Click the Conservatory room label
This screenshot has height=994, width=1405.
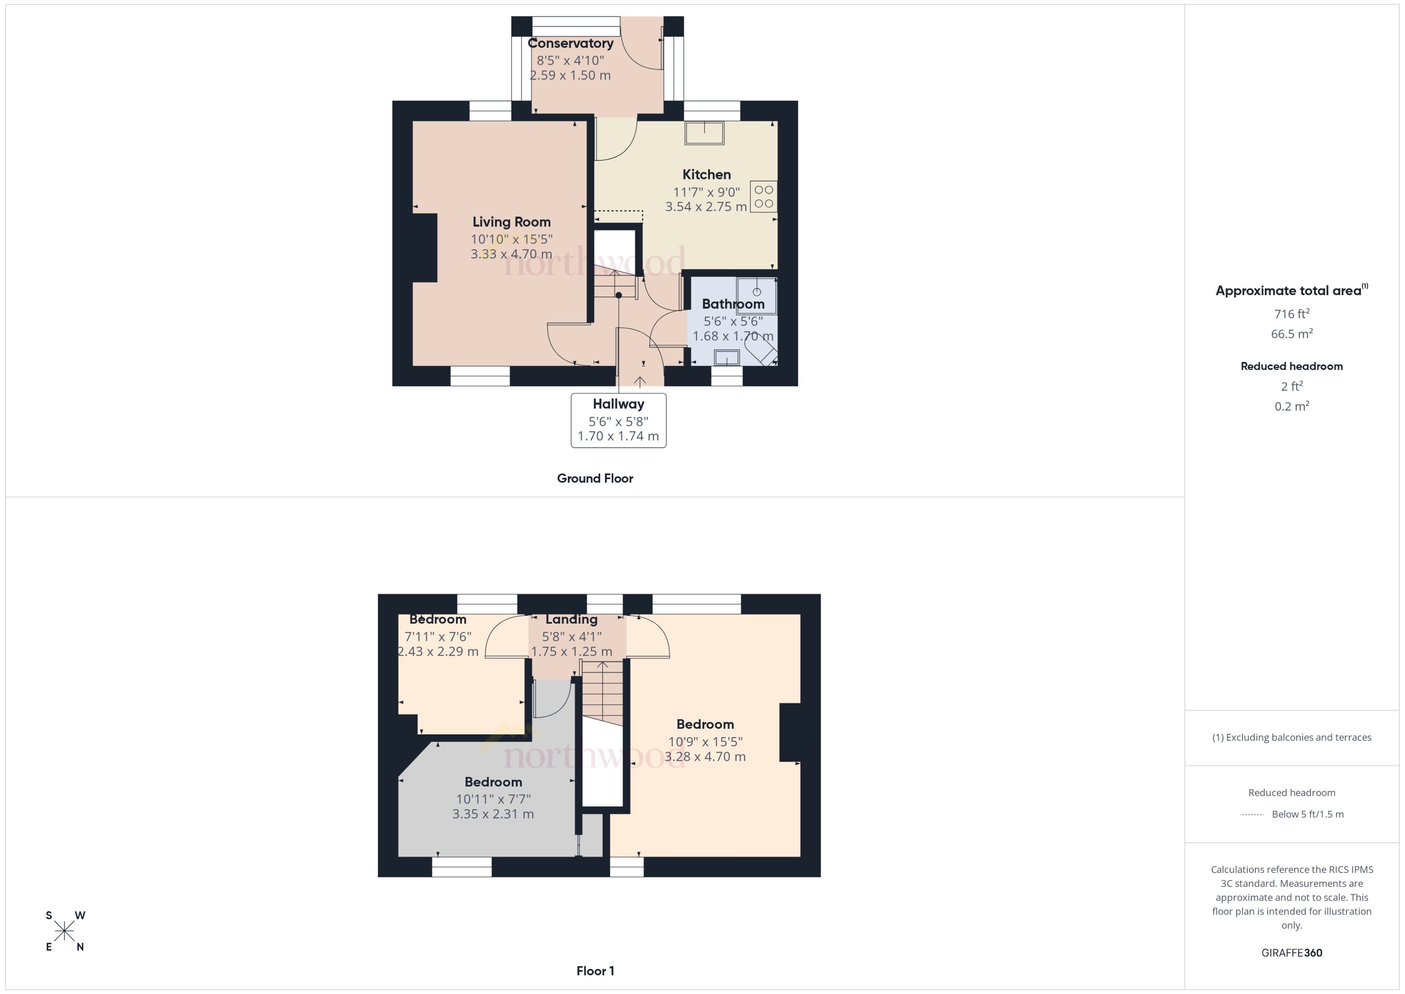(x=570, y=43)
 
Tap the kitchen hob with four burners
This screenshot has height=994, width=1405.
(x=764, y=197)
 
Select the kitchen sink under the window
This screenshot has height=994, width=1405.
(x=704, y=133)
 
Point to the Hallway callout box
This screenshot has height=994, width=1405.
(x=618, y=420)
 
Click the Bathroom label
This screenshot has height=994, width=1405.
(x=733, y=304)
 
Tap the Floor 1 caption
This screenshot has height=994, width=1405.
(x=595, y=971)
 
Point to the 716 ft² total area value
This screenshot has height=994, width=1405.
(x=1291, y=314)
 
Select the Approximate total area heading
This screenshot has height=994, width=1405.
(x=1288, y=291)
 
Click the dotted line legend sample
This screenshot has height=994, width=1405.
(x=1251, y=815)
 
